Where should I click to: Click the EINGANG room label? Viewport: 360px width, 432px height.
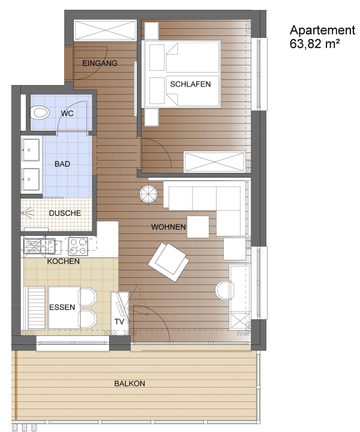[x=100, y=63]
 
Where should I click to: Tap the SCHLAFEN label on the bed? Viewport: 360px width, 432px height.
[x=190, y=84]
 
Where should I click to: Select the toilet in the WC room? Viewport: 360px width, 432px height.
[x=40, y=113]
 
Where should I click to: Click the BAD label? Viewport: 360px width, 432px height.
[x=62, y=164]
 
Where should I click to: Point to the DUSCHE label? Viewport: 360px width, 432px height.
[x=65, y=213]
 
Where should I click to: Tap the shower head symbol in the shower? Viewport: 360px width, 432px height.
[x=27, y=212]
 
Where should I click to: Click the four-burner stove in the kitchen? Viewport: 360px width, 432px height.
[x=78, y=247]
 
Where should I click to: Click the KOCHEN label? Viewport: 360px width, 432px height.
[x=64, y=261]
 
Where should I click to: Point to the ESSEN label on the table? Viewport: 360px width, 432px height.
[x=62, y=307]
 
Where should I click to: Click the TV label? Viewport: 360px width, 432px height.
[x=119, y=322]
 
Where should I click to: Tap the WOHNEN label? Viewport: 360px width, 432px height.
[x=169, y=227]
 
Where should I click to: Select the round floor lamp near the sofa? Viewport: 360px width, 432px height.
[x=148, y=194]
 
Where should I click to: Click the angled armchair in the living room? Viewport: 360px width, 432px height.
[x=169, y=262]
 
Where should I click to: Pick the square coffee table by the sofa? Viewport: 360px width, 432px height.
[x=198, y=227]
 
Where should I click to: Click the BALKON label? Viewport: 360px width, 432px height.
[x=130, y=383]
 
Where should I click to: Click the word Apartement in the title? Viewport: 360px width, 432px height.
[x=323, y=31]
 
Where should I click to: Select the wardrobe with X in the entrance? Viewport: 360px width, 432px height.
[x=105, y=30]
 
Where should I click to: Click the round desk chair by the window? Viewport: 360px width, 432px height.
[x=225, y=290]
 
